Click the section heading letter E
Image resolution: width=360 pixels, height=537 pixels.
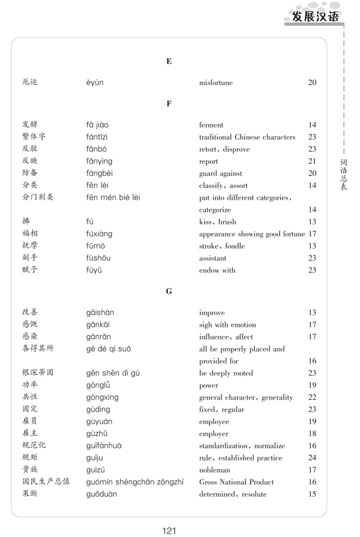(x=169, y=61)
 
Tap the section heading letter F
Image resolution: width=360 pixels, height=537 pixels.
(x=169, y=103)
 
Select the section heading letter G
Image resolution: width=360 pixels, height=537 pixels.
(x=169, y=291)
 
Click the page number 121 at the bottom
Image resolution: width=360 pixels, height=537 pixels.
(x=169, y=530)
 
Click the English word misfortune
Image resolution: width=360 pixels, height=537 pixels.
(x=215, y=83)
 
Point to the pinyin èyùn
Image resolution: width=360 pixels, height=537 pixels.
(x=94, y=83)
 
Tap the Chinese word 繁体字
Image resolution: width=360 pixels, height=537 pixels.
(x=34, y=137)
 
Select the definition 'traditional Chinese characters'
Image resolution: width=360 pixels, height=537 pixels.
(x=247, y=137)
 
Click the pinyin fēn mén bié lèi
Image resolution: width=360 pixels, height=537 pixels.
(x=113, y=197)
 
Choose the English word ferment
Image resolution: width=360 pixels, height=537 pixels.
(x=211, y=125)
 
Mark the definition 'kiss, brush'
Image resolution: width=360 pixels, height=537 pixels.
(x=218, y=222)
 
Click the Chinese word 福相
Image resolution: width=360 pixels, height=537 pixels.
(x=29, y=233)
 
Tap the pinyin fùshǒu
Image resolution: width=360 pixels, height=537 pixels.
(x=98, y=258)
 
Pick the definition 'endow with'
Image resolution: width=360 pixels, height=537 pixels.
(x=217, y=271)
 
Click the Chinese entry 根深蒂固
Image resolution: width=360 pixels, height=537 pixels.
(x=37, y=373)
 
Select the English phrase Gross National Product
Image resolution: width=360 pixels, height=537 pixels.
(x=236, y=482)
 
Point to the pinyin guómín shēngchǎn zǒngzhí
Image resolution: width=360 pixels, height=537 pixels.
(x=134, y=482)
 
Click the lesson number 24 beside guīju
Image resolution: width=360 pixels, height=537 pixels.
(x=312, y=458)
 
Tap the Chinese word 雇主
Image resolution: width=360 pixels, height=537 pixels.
(x=29, y=433)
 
